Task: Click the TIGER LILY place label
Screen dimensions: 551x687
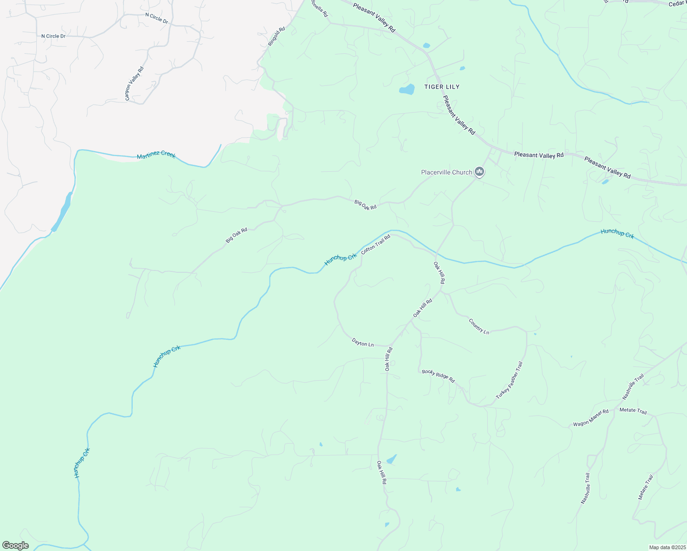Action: click(x=441, y=87)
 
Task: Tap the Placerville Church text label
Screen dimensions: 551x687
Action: click(x=446, y=172)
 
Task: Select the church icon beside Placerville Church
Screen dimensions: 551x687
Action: click(x=479, y=172)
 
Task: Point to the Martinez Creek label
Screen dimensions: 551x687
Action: click(x=156, y=155)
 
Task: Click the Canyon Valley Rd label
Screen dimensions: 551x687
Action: click(x=134, y=84)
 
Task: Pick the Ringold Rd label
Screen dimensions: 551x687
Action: click(x=276, y=36)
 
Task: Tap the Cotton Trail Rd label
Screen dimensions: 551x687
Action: click(x=375, y=244)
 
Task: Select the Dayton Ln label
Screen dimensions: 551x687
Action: click(x=363, y=342)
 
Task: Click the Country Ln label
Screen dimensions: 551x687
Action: click(x=479, y=326)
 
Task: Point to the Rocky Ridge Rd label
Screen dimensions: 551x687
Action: click(x=438, y=376)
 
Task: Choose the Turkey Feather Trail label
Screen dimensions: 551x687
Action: click(x=509, y=380)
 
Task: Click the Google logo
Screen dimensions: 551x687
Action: click(x=15, y=545)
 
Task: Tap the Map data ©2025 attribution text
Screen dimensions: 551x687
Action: click(x=666, y=547)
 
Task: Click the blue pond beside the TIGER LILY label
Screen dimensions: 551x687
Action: click(x=407, y=90)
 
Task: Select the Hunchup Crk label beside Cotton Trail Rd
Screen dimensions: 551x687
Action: click(x=340, y=259)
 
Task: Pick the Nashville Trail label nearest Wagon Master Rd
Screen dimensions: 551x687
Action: click(x=633, y=387)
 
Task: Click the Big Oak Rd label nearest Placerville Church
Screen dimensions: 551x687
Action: click(x=365, y=204)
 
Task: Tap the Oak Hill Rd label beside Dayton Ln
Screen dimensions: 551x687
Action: click(x=388, y=359)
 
